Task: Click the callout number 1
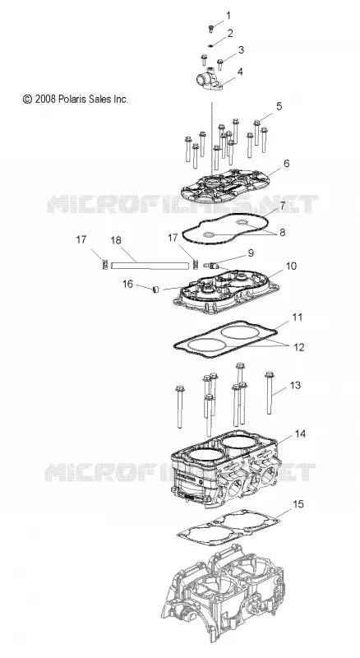point(228,16)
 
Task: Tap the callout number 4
point(240,72)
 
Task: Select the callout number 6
point(286,163)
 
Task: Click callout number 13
point(295,385)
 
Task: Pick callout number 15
point(298,503)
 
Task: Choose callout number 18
point(116,240)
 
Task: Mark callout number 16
point(127,284)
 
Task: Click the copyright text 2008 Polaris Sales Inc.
point(76,99)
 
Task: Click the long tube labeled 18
point(150,266)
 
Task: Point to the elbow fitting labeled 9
point(210,265)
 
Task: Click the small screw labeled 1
point(211,29)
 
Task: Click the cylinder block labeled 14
point(225,472)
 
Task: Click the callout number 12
point(298,347)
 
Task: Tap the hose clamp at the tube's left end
point(106,265)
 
